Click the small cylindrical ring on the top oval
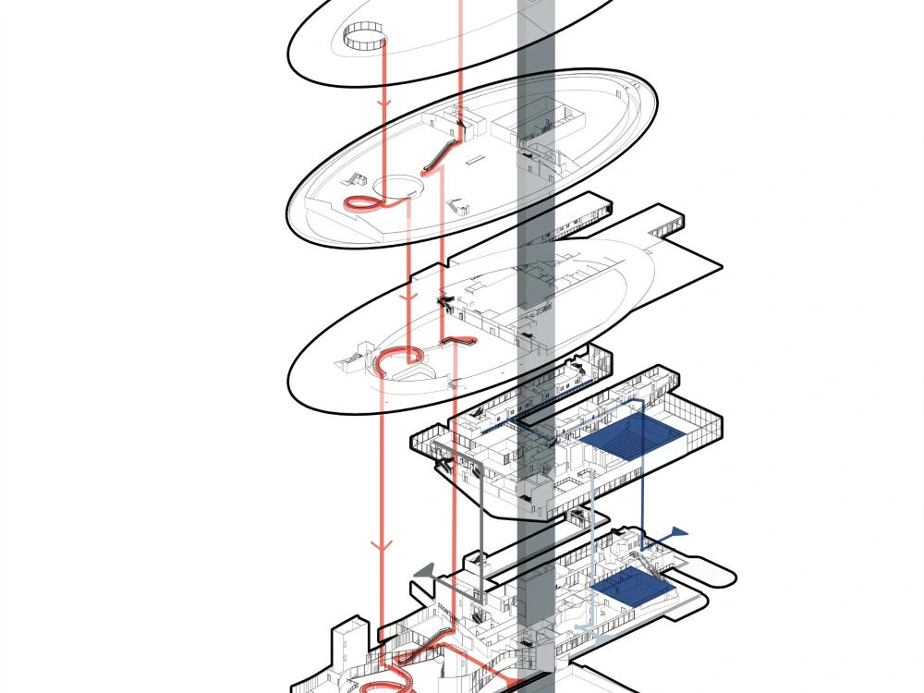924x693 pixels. click(363, 39)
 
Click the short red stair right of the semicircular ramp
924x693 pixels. click(459, 342)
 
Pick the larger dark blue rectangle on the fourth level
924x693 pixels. click(638, 434)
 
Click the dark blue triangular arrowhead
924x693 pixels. click(678, 532)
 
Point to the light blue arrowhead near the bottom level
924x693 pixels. click(580, 627)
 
